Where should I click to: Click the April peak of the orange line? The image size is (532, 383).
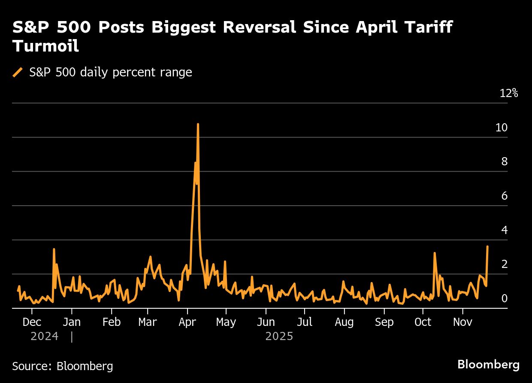tap(198, 124)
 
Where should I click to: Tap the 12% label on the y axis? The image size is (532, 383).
tap(509, 93)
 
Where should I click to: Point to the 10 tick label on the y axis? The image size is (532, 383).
tap(501, 128)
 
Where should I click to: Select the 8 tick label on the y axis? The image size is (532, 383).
tap(505, 162)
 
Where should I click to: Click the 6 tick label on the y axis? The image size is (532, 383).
tap(505, 196)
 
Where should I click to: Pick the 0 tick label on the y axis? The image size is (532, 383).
tap(505, 298)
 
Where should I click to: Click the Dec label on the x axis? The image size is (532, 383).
tap(32, 322)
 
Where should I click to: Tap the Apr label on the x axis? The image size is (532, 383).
tap(187, 322)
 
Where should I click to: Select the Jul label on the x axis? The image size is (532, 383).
tap(305, 322)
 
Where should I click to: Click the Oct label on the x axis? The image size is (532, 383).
tap(423, 322)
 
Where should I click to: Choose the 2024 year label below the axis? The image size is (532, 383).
tap(44, 336)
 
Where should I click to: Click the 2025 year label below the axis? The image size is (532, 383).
tap(279, 336)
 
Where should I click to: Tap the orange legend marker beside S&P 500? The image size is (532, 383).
tap(18, 73)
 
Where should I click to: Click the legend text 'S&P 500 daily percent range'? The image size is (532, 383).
tap(111, 73)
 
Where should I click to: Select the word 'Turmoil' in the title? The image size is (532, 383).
tap(45, 46)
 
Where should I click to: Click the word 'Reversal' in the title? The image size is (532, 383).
tap(251, 27)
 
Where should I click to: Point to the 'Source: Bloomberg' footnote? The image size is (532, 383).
tap(63, 366)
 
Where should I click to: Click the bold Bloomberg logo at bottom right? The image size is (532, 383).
tap(488, 365)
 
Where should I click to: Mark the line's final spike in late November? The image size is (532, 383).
tap(487, 246)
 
